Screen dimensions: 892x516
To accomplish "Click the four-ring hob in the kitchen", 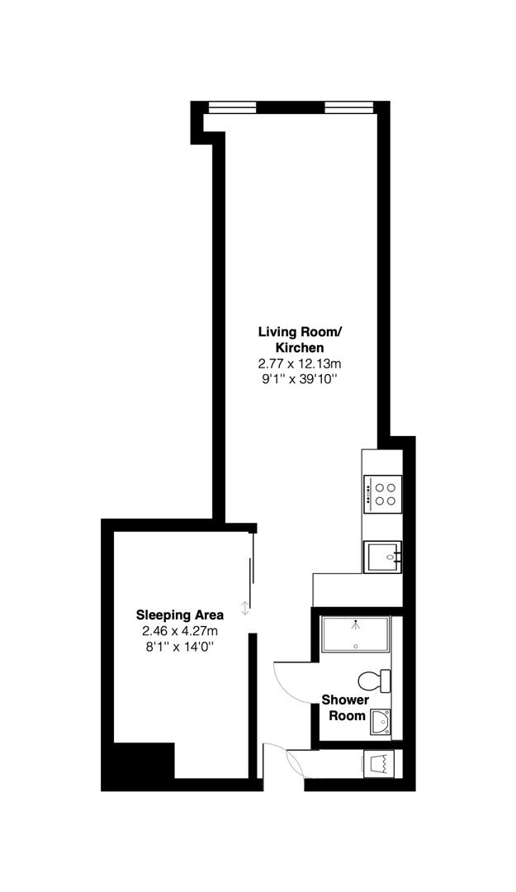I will coord(382,493).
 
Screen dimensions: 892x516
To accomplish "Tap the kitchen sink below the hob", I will coord(381,557).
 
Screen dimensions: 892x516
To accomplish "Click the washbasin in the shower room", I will coord(381,721).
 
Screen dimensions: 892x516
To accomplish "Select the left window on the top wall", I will coord(231,107).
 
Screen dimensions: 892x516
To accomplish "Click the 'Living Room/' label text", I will coord(299,332).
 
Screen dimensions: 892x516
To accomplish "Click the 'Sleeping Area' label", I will coord(179,615).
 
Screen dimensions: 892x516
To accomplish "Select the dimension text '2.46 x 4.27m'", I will coord(179,631).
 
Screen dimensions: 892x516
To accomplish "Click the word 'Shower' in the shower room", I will coord(345,700).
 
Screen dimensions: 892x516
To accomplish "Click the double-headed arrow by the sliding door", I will coord(244,609).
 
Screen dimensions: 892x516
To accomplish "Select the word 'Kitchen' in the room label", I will coord(299,348).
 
